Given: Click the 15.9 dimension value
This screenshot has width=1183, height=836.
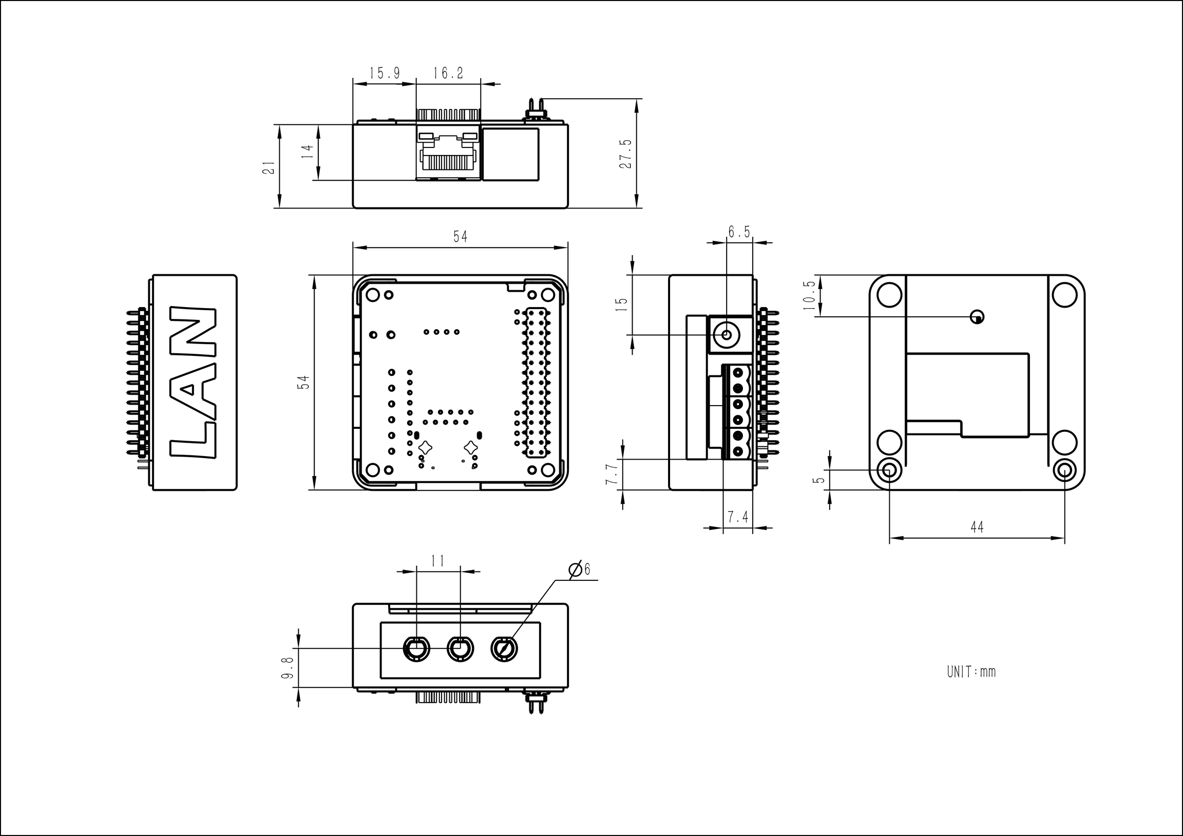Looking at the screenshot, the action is (x=385, y=73).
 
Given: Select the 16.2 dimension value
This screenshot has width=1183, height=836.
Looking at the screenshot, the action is (x=448, y=73).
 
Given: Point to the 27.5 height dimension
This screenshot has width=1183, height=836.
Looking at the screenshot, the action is (x=625, y=153).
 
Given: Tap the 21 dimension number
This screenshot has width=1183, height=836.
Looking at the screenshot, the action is (x=269, y=167).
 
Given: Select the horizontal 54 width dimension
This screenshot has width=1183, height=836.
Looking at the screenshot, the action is (x=460, y=237).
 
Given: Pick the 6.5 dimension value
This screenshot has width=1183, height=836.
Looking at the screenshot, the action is (x=739, y=233).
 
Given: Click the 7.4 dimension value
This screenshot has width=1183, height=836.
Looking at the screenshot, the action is (x=738, y=517).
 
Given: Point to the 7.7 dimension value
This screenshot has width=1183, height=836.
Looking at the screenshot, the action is (x=611, y=474).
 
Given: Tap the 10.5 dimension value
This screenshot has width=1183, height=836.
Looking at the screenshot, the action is (x=809, y=295).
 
